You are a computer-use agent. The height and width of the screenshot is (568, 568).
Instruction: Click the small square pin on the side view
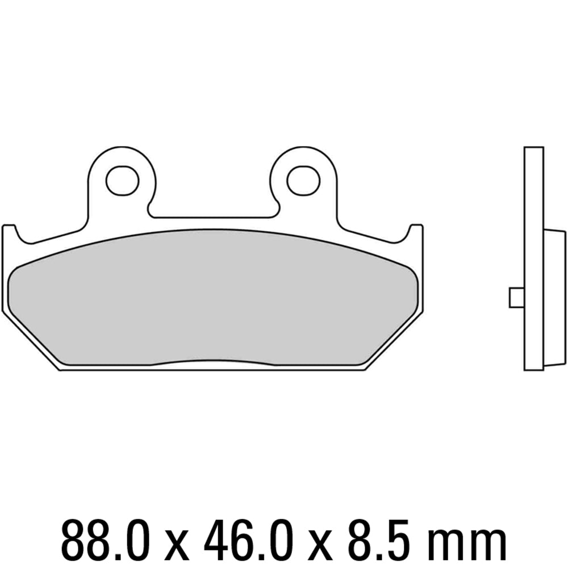pos(516,297)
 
